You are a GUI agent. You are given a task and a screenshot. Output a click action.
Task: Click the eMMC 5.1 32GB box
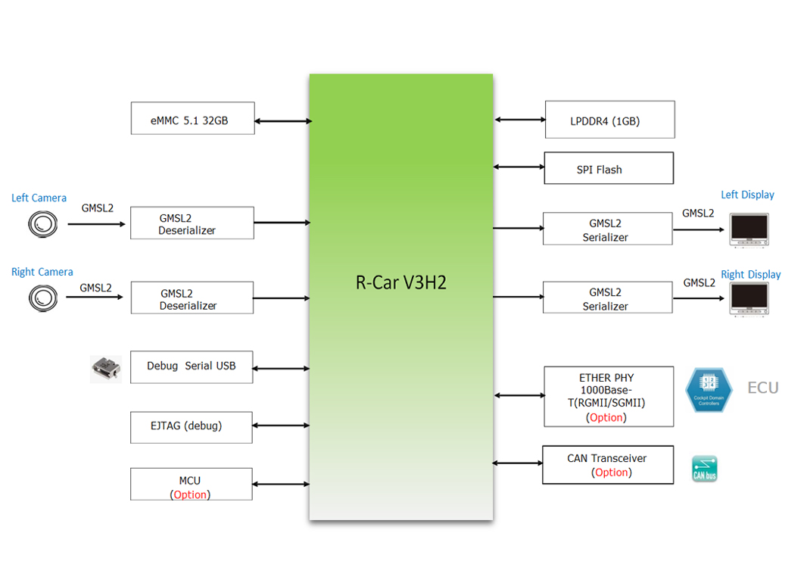tap(192, 119)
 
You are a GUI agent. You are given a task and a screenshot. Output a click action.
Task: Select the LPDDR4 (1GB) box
tap(609, 120)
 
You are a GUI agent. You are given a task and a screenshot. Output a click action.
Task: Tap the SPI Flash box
tap(608, 169)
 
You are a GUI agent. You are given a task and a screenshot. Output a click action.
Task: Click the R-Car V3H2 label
tap(401, 283)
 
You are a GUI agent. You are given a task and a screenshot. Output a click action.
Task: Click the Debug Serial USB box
tap(191, 366)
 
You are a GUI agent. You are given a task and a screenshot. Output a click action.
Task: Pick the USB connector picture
tap(105, 369)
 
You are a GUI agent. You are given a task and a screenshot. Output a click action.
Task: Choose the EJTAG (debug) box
tap(191, 427)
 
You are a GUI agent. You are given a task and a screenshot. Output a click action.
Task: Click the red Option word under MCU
tap(190, 494)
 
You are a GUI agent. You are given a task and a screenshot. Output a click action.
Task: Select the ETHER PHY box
tap(609, 397)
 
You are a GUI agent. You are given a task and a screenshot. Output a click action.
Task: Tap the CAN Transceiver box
tap(608, 465)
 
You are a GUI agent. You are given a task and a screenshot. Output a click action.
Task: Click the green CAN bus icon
tap(704, 469)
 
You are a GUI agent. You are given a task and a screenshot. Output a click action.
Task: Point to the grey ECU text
tap(762, 388)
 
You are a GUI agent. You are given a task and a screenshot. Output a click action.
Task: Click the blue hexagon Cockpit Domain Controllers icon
tap(709, 391)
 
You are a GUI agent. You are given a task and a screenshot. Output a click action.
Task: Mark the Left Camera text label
tap(39, 198)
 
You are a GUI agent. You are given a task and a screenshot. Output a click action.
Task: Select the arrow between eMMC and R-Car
tap(282, 120)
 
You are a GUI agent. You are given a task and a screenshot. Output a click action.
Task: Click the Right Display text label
tap(750, 275)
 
